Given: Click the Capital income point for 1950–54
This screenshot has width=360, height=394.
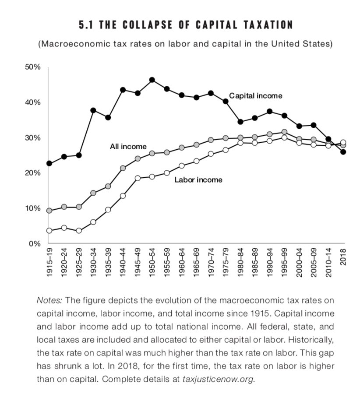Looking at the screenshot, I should pyautogui.click(x=152, y=80).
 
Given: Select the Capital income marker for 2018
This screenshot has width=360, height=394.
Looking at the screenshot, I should pyautogui.click(x=343, y=152).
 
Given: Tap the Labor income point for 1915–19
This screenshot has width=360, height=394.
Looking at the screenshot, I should pyautogui.click(x=49, y=230).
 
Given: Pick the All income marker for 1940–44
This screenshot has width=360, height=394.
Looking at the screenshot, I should pyautogui.click(x=123, y=168).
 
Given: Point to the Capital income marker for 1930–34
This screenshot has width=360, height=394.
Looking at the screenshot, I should pyautogui.click(x=93, y=110).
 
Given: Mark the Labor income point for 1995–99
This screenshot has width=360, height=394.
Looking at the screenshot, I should pyautogui.click(x=284, y=137).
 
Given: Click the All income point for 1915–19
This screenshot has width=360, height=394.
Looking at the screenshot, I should pyautogui.click(x=49, y=211).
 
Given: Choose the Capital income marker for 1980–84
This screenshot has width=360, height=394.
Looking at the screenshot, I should pyautogui.click(x=240, y=122).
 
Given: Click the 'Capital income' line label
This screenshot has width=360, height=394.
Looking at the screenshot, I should pyautogui.click(x=256, y=95).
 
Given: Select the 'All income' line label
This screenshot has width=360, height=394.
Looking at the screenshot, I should pyautogui.click(x=128, y=146).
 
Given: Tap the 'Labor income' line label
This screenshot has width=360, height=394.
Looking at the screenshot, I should pyautogui.click(x=198, y=179).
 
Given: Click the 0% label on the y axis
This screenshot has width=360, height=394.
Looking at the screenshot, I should pyautogui.click(x=35, y=243).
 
